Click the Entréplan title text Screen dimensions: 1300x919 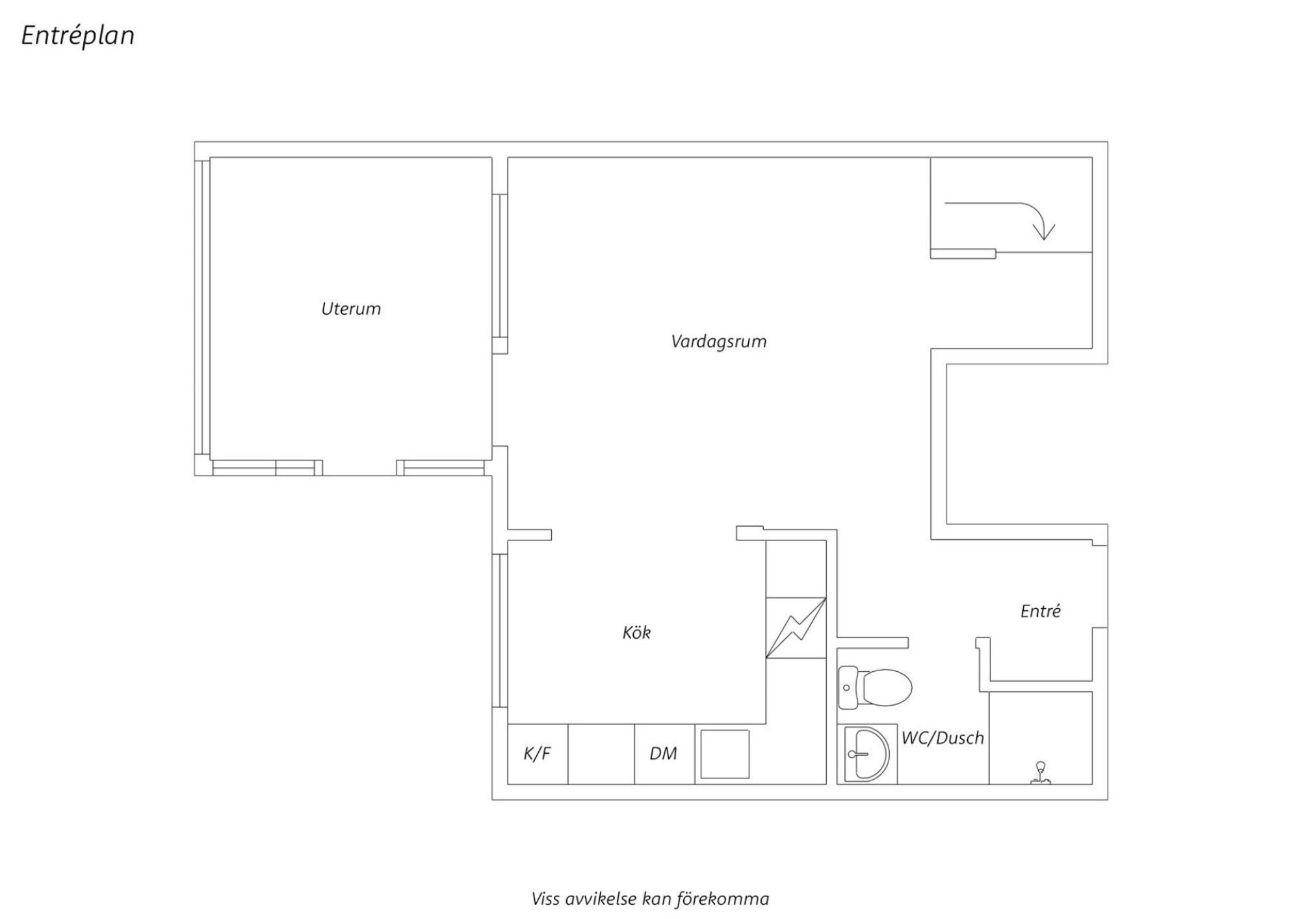pyautogui.click(x=78, y=36)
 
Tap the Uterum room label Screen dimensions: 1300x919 pyautogui.click(x=351, y=308)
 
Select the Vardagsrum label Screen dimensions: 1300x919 pyautogui.click(x=719, y=341)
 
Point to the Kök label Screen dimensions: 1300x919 pyautogui.click(x=636, y=632)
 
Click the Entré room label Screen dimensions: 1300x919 pyautogui.click(x=1041, y=611)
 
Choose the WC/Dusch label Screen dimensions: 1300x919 pyautogui.click(x=942, y=738)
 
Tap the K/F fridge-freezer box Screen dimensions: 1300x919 pyautogui.click(x=538, y=754)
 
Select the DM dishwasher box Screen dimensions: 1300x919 pyautogui.click(x=664, y=754)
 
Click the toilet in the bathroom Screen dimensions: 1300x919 pyautogui.click(x=875, y=687)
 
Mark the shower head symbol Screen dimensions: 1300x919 pyautogui.click(x=1041, y=773)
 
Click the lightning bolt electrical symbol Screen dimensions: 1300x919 pyautogui.click(x=796, y=628)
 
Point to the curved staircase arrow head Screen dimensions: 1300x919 pyautogui.click(x=1044, y=231)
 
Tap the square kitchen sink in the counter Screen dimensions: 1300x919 pyautogui.click(x=725, y=754)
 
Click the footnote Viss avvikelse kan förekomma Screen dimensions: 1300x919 pyautogui.click(x=650, y=899)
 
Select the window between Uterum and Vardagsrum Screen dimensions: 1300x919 pyautogui.click(x=500, y=274)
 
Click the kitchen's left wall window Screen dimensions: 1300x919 pyautogui.click(x=500, y=630)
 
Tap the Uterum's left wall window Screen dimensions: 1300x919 pyautogui.click(x=202, y=306)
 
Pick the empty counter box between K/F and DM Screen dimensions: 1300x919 pyautogui.click(x=601, y=754)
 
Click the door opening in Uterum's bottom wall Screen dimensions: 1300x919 pyautogui.click(x=359, y=468)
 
